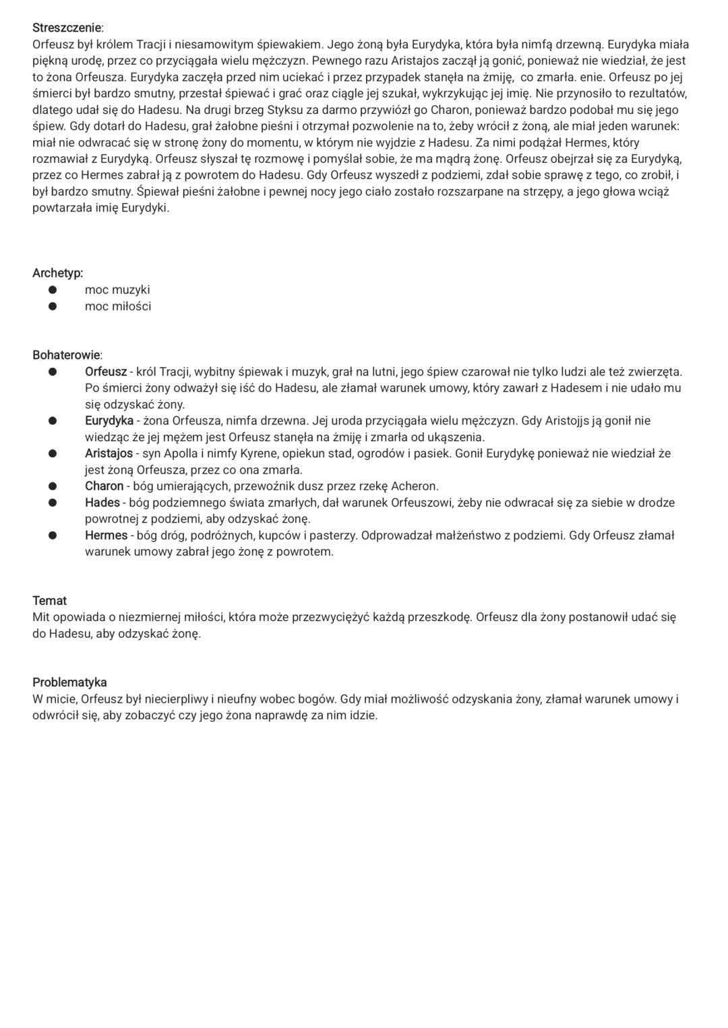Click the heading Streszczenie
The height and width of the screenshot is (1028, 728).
click(x=67, y=28)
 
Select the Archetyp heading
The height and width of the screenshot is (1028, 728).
click(x=57, y=274)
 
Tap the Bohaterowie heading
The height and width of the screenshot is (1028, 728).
click(x=67, y=355)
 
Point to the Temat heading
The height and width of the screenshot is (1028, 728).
click(x=49, y=601)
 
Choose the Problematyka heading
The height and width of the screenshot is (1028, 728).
click(x=69, y=682)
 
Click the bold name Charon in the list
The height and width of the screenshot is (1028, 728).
click(x=104, y=486)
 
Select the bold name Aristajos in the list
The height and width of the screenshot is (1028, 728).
click(x=109, y=453)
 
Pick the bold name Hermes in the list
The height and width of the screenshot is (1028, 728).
click(x=106, y=536)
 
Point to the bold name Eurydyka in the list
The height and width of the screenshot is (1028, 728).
click(x=109, y=421)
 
